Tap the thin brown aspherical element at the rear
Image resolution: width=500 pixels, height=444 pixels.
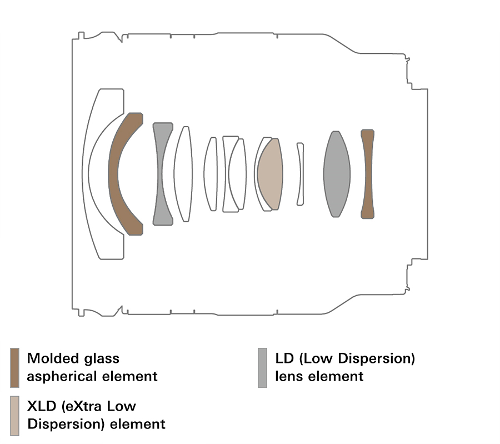pos(367,174)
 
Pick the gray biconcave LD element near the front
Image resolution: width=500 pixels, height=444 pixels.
pos(162,173)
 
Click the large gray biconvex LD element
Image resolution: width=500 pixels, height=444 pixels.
pos(337,174)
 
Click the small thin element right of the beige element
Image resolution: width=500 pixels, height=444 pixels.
pos(300,174)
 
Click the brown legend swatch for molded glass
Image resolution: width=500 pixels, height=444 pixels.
pos(14,367)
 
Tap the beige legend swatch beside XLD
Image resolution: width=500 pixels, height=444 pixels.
pos(14,415)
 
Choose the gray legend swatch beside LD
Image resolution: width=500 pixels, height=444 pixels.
pos(262,367)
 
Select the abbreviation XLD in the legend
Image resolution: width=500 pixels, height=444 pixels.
pos(41,406)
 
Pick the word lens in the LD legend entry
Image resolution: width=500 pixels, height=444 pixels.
pos(288,376)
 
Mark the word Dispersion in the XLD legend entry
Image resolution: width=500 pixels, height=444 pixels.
pos(61,425)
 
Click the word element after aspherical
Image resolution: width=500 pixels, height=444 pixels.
pos(131,376)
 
